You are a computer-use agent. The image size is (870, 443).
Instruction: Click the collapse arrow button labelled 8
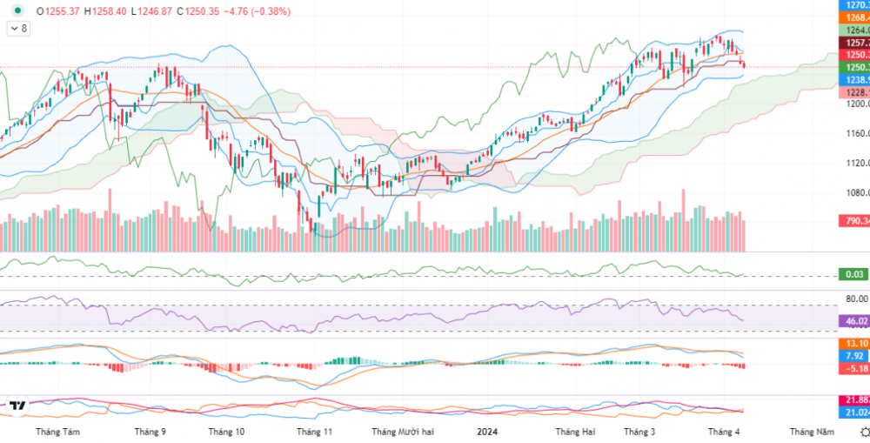pyautogui.click(x=18, y=29)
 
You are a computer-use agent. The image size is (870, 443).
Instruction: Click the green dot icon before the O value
pyautogui.click(x=17, y=10)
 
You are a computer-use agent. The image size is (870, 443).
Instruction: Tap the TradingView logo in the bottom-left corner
pyautogui.click(x=17, y=405)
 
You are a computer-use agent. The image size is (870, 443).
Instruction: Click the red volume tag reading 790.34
pyautogui.click(x=853, y=221)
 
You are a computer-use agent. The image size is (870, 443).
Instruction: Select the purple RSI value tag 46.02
pyautogui.click(x=853, y=321)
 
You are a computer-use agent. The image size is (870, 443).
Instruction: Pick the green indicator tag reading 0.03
pyautogui.click(x=853, y=275)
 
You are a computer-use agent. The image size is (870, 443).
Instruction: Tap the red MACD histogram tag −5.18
pyautogui.click(x=853, y=368)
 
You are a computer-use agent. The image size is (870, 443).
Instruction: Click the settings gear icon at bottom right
pyautogui.click(x=861, y=432)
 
